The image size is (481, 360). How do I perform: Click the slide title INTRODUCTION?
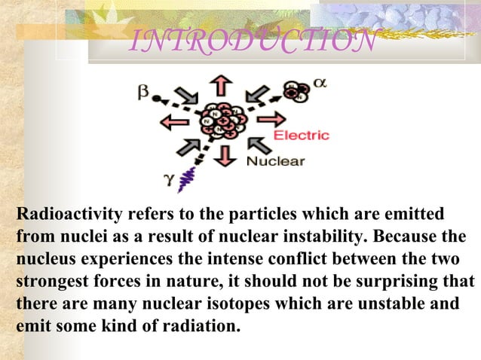point(253,42)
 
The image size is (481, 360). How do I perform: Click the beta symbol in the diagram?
point(143,91)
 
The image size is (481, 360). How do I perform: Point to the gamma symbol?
point(168,180)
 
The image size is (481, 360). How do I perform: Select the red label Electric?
point(301,136)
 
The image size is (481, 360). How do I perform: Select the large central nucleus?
point(222,121)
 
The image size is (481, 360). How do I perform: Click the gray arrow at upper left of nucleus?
point(186,96)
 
